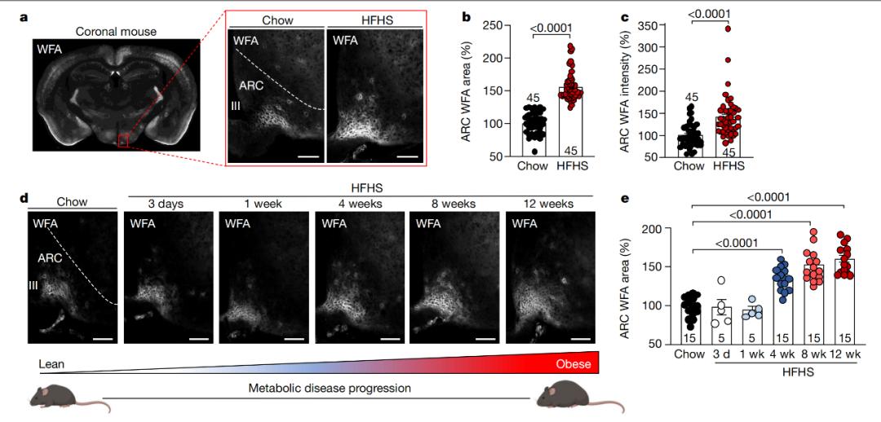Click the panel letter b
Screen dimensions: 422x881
[x=467, y=16]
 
